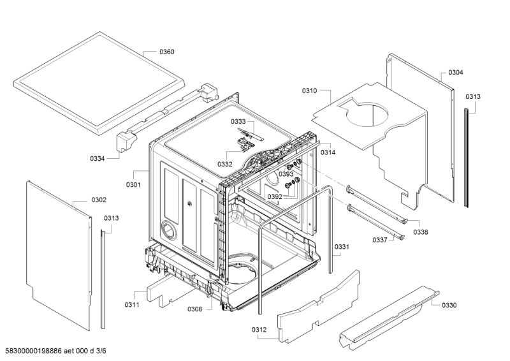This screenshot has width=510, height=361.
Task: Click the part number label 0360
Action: click(167, 52)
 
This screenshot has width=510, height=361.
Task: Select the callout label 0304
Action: click(456, 72)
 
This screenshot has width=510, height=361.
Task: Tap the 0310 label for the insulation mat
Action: click(309, 91)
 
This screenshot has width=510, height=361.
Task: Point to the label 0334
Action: click(98, 159)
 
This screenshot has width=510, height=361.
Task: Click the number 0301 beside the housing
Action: click(133, 184)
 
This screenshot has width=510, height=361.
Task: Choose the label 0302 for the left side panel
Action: click(99, 200)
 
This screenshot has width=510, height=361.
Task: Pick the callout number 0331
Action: click(342, 247)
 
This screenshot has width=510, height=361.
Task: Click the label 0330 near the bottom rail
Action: click(449, 305)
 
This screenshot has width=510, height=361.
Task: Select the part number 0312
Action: click(259, 330)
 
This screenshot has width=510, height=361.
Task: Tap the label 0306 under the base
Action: click(194, 309)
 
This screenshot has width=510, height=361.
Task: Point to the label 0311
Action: click(132, 305)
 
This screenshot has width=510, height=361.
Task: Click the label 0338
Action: click(421, 232)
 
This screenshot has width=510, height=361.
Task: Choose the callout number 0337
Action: click(380, 240)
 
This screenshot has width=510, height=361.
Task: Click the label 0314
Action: click(328, 152)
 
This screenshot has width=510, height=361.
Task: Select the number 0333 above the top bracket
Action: click(238, 121)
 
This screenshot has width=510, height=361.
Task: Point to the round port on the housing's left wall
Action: click(169, 231)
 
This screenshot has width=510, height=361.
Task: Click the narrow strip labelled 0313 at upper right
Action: click(466, 158)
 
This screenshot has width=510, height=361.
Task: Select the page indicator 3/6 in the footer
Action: click(101, 351)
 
